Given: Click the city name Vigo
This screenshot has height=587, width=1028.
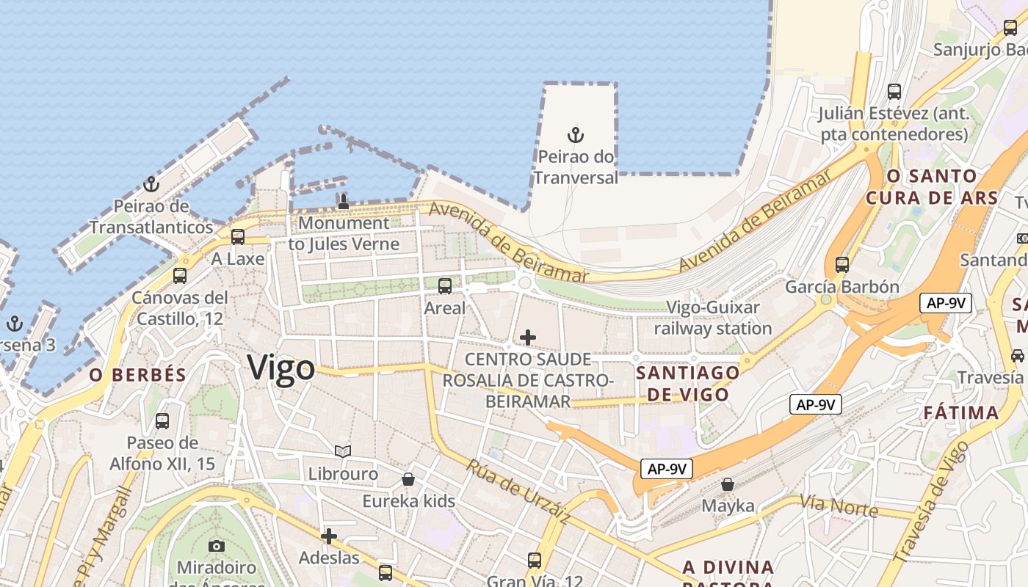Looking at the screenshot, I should pos(281,368).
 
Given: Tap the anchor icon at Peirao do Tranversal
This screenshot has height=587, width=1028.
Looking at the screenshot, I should pos(576,135).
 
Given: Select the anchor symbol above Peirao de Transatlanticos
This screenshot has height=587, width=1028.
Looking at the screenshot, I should pos(151,184).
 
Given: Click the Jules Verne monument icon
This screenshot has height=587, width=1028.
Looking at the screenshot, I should pos(343,200).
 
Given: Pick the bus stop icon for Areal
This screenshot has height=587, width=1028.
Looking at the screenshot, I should pos(445,286).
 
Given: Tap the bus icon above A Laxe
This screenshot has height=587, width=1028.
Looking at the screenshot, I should pos(237,237).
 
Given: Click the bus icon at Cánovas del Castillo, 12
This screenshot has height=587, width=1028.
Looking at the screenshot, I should pos(180,276).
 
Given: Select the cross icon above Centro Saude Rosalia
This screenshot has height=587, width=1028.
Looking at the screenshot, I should pos(527,338).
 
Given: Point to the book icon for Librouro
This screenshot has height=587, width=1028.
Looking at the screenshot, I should pos(343,451).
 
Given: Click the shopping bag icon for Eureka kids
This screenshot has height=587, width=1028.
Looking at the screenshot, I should pos(408,479).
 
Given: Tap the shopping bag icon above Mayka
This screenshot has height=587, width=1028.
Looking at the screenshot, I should pos(728,484).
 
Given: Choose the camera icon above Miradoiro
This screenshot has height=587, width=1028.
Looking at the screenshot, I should pos(217,545).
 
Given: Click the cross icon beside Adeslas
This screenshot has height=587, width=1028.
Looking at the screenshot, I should pos(329,536).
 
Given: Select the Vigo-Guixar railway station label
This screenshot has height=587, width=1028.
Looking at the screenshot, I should pos(713,318).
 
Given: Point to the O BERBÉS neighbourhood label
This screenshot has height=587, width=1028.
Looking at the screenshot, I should pos(138,375).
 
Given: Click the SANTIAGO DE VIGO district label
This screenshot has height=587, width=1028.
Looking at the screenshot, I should pos(688,383).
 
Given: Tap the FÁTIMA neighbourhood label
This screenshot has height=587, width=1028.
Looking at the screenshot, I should pos(960,412).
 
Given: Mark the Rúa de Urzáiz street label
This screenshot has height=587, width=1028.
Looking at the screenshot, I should pos(518,492).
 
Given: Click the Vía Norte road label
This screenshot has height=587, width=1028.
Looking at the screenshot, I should pos(839,506).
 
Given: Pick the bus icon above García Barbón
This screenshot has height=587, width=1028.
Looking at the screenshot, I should pos(842,264).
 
